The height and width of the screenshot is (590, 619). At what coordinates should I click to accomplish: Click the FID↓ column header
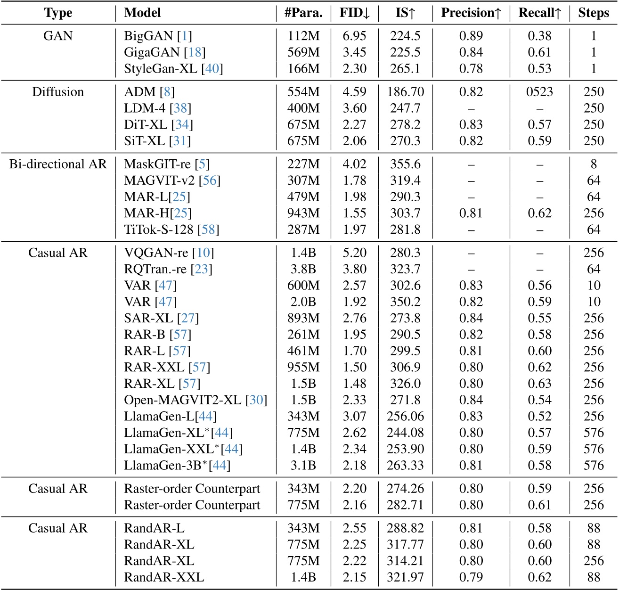[355, 13]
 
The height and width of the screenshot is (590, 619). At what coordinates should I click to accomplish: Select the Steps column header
[594, 13]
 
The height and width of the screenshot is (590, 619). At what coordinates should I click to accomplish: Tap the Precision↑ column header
[471, 13]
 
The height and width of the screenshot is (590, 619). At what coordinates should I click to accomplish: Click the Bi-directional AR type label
[58, 164]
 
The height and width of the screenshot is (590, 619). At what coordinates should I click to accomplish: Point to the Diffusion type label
[58, 91]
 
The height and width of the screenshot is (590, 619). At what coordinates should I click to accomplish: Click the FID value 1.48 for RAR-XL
[355, 384]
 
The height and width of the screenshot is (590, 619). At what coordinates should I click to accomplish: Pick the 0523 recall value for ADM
[539, 91]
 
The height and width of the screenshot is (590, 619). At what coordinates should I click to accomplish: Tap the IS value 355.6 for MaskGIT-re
[405, 164]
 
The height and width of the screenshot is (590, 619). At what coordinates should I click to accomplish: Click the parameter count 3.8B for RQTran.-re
[303, 269]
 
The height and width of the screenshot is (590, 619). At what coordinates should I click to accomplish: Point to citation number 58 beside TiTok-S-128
[208, 229]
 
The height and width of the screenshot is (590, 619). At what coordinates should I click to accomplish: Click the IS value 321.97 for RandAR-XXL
[405, 577]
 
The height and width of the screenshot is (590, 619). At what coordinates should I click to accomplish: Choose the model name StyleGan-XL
[161, 69]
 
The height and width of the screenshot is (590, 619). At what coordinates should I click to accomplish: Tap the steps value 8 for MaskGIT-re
[594, 164]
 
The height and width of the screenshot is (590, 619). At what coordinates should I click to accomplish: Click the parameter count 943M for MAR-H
[303, 213]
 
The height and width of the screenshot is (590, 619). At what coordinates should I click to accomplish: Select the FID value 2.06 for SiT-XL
[355, 141]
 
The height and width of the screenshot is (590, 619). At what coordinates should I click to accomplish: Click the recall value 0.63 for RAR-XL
[539, 384]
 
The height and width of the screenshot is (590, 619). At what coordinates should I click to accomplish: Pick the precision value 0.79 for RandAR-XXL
[471, 577]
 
